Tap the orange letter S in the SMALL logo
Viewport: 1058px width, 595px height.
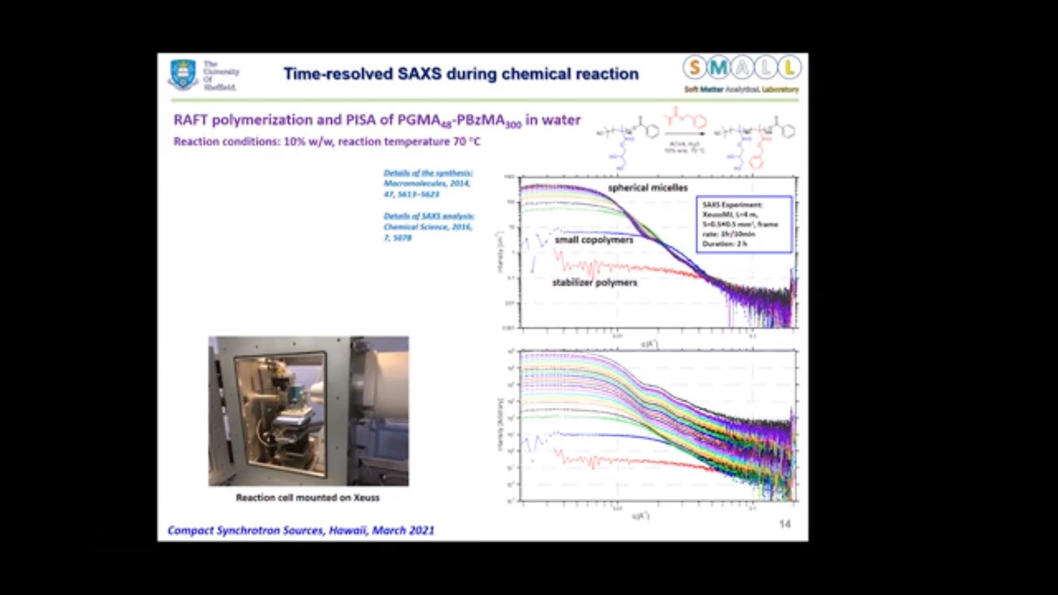coord(695,68)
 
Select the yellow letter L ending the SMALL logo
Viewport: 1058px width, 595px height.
coord(789,68)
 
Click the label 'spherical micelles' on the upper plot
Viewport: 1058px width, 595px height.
coord(648,188)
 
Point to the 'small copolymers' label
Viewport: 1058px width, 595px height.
coord(594,240)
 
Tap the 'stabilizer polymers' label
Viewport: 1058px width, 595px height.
coord(595,283)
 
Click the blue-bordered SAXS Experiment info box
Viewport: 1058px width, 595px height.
coord(744,224)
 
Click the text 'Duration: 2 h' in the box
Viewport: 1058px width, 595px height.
coord(724,244)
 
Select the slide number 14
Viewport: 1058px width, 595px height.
coord(784,524)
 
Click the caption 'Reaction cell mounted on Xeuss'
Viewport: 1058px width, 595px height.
coord(307,498)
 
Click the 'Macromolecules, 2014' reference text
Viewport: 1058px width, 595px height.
coord(427,183)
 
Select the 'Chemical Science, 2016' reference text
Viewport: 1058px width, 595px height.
coord(427,227)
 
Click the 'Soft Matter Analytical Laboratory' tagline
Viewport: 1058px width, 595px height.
coord(741,90)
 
